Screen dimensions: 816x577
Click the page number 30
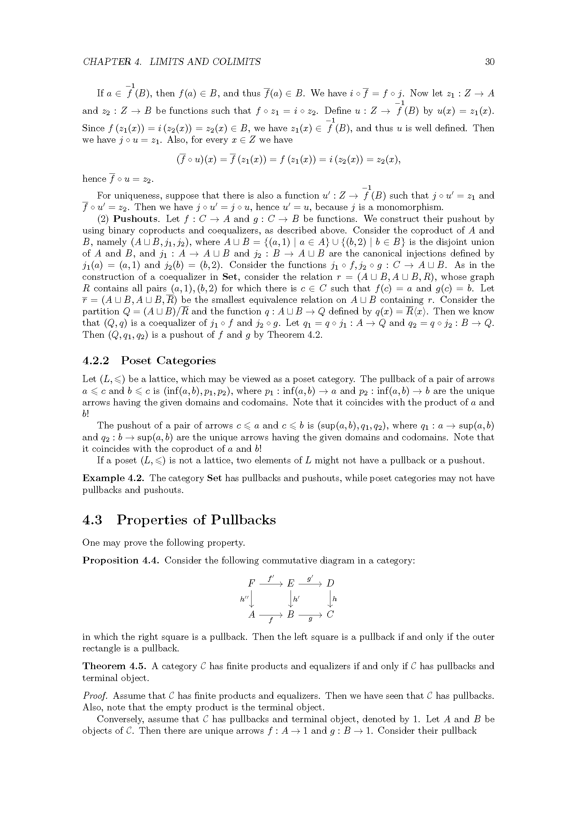pos(489,62)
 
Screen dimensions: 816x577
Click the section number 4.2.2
pos(96,361)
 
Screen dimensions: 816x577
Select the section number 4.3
pos(92,520)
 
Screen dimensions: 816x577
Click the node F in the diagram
pos(252,584)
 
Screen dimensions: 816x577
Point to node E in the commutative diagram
pos(291,584)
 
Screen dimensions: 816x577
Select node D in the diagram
pos(330,584)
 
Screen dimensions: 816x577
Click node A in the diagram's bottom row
pos(252,614)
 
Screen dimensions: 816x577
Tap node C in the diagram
pos(330,614)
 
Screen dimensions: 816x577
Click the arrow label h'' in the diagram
pos(244,599)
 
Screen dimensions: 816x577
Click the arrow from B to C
pos(310,615)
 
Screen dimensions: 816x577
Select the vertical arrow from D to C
pos(330,599)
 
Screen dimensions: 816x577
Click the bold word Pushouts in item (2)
pos(135,219)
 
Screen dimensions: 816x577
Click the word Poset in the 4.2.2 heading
pos(136,361)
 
